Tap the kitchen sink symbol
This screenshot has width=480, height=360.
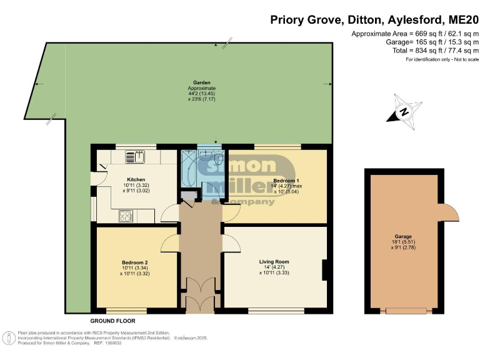[134, 156]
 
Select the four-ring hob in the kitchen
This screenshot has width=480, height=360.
[126, 216]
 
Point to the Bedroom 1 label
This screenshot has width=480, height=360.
[282, 179]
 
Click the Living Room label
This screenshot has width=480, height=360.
[274, 261]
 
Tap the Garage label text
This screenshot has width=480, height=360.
[403, 237]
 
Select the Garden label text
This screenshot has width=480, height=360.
[201, 82]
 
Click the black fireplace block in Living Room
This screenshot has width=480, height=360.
[326, 269]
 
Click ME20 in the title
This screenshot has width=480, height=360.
[458, 19]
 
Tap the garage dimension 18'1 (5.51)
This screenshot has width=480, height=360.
[403, 243]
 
